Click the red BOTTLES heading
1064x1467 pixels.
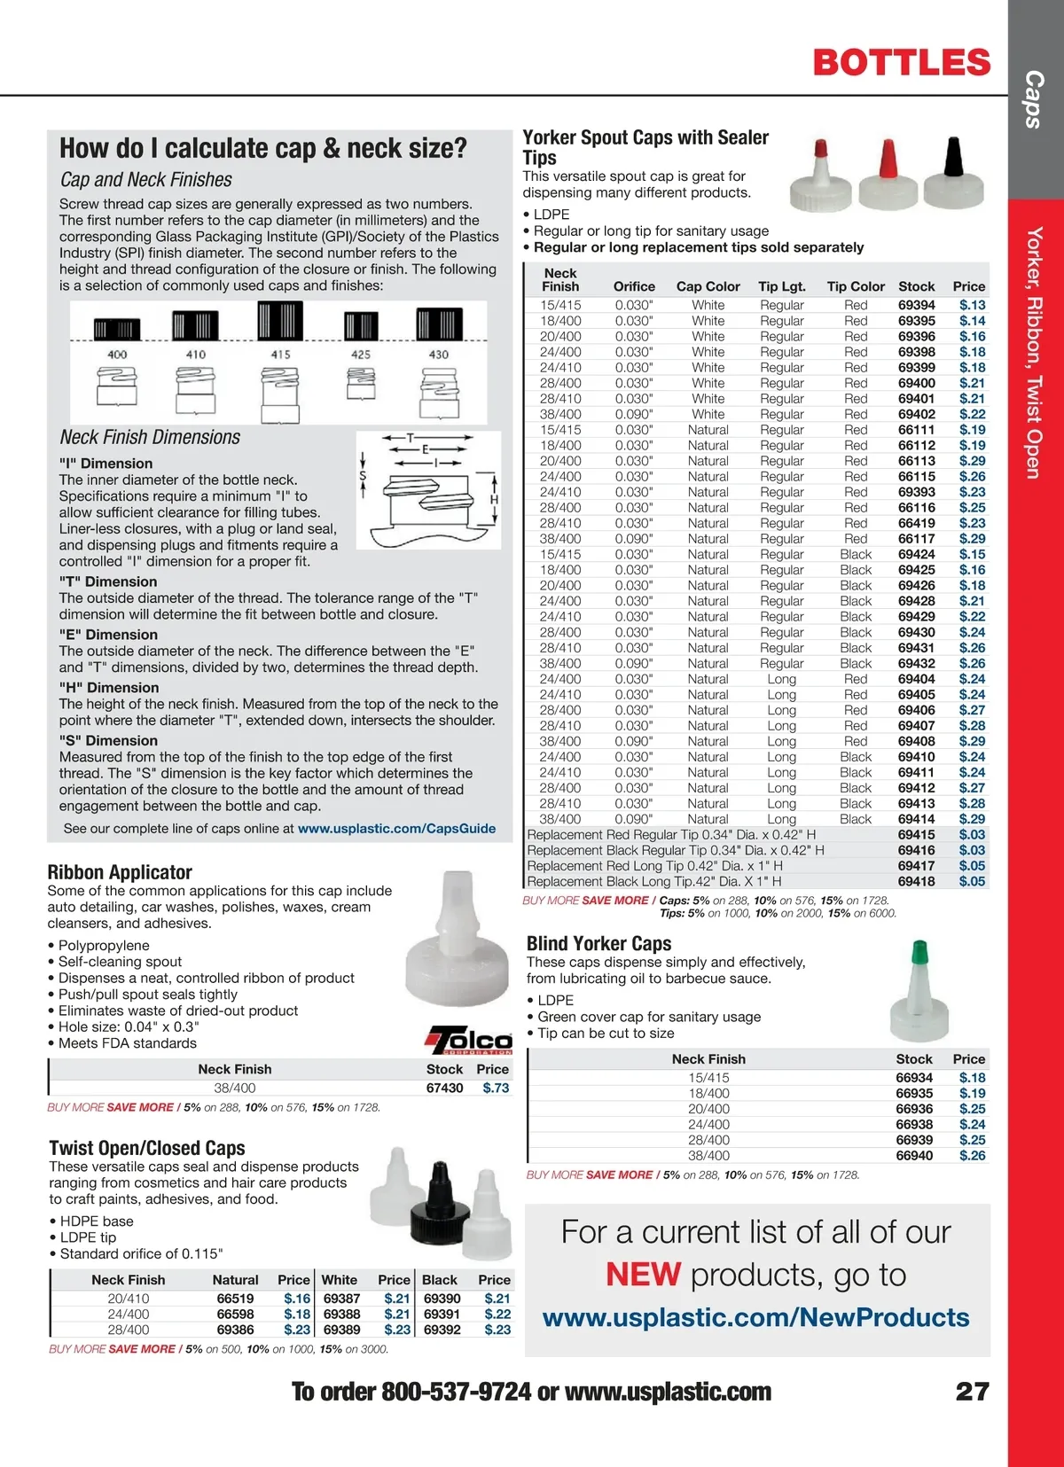(901, 62)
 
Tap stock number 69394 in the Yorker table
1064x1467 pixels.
(916, 305)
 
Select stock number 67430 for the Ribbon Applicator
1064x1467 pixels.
(444, 1088)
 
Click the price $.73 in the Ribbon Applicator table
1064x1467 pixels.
(496, 1088)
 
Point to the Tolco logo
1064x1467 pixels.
(470, 1040)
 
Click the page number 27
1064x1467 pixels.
(972, 1392)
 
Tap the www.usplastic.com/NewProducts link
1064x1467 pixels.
(755, 1317)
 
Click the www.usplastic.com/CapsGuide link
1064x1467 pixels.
(396, 829)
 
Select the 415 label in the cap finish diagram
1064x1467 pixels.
(280, 355)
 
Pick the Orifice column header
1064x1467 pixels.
(634, 286)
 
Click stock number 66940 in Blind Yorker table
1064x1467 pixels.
(914, 1156)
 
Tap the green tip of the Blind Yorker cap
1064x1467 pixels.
(919, 952)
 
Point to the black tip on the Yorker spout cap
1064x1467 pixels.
(953, 156)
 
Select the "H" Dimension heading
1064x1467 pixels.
(109, 688)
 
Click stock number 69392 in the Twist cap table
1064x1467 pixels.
(442, 1330)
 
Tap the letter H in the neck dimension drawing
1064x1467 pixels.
(494, 499)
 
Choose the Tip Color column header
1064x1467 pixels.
(856, 286)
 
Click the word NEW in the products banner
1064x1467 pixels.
(643, 1275)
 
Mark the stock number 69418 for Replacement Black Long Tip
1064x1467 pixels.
(916, 882)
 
